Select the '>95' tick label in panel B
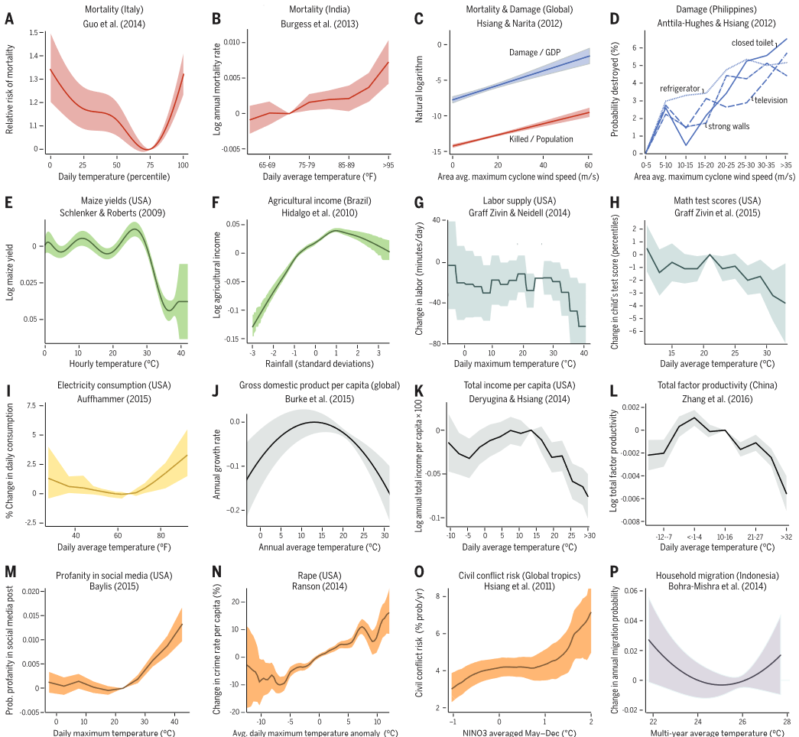point(388,164)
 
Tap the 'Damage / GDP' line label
point(535,53)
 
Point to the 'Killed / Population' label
point(541,139)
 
